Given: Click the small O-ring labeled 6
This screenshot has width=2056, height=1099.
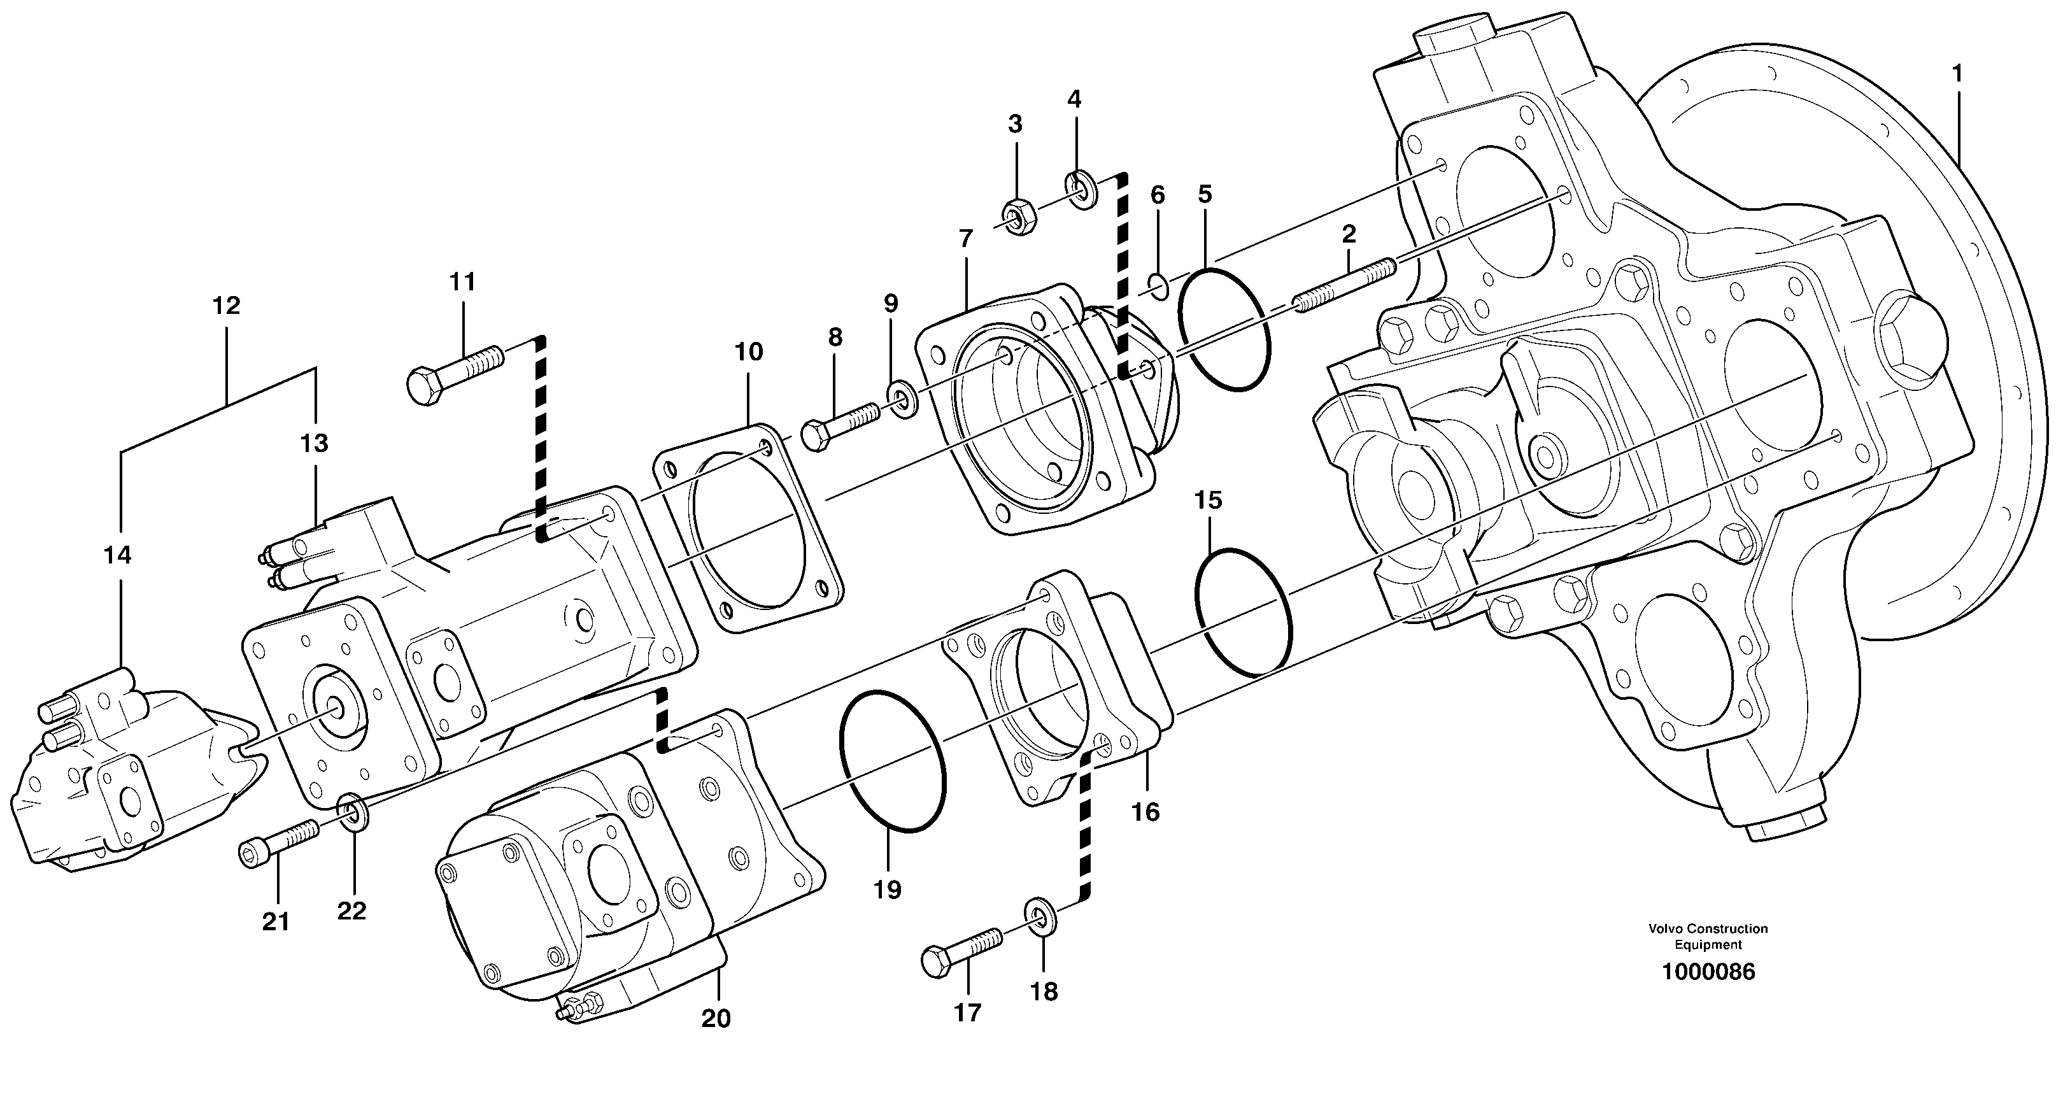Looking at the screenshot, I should click(x=1159, y=286).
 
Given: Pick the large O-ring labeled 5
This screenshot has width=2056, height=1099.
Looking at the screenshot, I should click(x=1224, y=329).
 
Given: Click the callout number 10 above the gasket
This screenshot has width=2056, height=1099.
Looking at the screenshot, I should click(x=749, y=352).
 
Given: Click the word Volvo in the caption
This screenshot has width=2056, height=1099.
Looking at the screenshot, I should click(x=1665, y=929).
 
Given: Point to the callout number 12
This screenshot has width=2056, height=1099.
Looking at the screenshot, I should click(x=226, y=306).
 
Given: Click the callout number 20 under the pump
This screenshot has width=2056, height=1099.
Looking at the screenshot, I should click(x=716, y=1018).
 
